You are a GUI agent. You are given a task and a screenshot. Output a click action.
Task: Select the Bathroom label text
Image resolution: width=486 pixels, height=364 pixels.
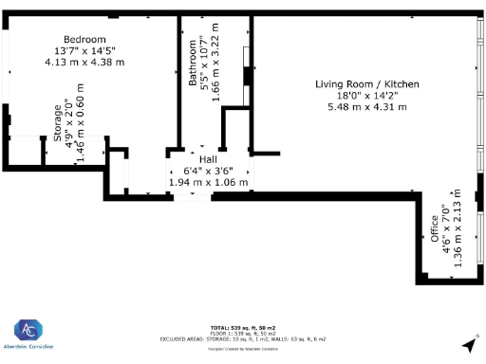pos(193,63)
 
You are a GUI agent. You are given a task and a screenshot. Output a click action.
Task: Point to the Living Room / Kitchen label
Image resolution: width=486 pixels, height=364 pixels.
pos(366,84)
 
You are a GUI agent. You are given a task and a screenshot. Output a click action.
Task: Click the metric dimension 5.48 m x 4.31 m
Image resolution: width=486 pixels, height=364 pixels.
pos(366,107)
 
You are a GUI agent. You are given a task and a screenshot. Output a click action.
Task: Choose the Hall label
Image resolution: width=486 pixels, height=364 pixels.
pos(206,159)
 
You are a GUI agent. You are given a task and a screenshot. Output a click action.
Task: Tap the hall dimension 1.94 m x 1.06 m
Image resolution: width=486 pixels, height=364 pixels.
pos(208,182)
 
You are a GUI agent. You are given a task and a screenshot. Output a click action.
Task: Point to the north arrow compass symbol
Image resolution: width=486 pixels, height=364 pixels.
pos(469,343)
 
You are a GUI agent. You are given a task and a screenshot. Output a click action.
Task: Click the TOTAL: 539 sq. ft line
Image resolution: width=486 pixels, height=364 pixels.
pos(243,325)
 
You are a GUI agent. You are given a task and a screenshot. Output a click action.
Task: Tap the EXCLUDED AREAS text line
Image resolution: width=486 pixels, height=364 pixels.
pos(243,337)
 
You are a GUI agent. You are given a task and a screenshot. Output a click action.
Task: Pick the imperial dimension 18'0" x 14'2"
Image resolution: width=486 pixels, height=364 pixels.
pos(366,96)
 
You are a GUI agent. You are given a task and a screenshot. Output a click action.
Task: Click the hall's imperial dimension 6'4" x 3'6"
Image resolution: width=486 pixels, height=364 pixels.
pos(207,171)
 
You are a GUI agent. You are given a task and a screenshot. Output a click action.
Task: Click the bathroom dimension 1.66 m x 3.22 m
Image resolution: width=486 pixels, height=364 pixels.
pos(215,63)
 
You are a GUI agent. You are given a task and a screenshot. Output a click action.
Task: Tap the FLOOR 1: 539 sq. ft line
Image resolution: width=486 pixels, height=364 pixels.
pos(243,332)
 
